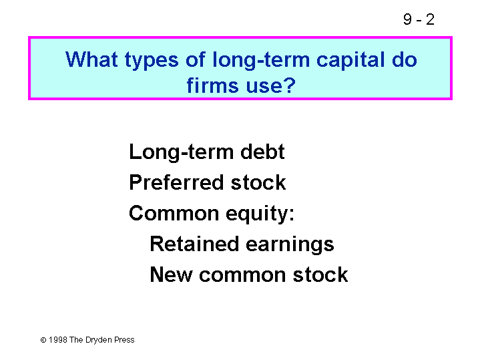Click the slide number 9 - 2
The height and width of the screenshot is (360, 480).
pyautogui.click(x=419, y=19)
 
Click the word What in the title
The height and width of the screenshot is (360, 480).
pyautogui.click(x=91, y=59)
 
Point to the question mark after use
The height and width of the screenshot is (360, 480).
pyautogui.click(x=289, y=85)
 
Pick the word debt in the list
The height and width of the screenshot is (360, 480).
pyautogui.click(x=262, y=152)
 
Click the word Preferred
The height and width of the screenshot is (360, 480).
pyautogui.click(x=176, y=182)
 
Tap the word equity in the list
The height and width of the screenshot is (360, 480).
pyautogui.click(x=256, y=214)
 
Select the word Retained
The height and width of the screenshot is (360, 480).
pyautogui.click(x=194, y=244)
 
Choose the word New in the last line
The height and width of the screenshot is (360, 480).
pyautogui.click(x=171, y=275)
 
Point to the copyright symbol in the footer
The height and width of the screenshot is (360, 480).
pyautogui.click(x=43, y=340)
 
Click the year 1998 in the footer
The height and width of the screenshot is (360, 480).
pyautogui.click(x=58, y=340)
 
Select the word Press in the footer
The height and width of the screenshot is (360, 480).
pyautogui.click(x=124, y=340)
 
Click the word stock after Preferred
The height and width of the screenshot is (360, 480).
pyautogui.click(x=258, y=182)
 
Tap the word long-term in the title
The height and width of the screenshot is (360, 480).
pyautogui.click(x=261, y=60)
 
